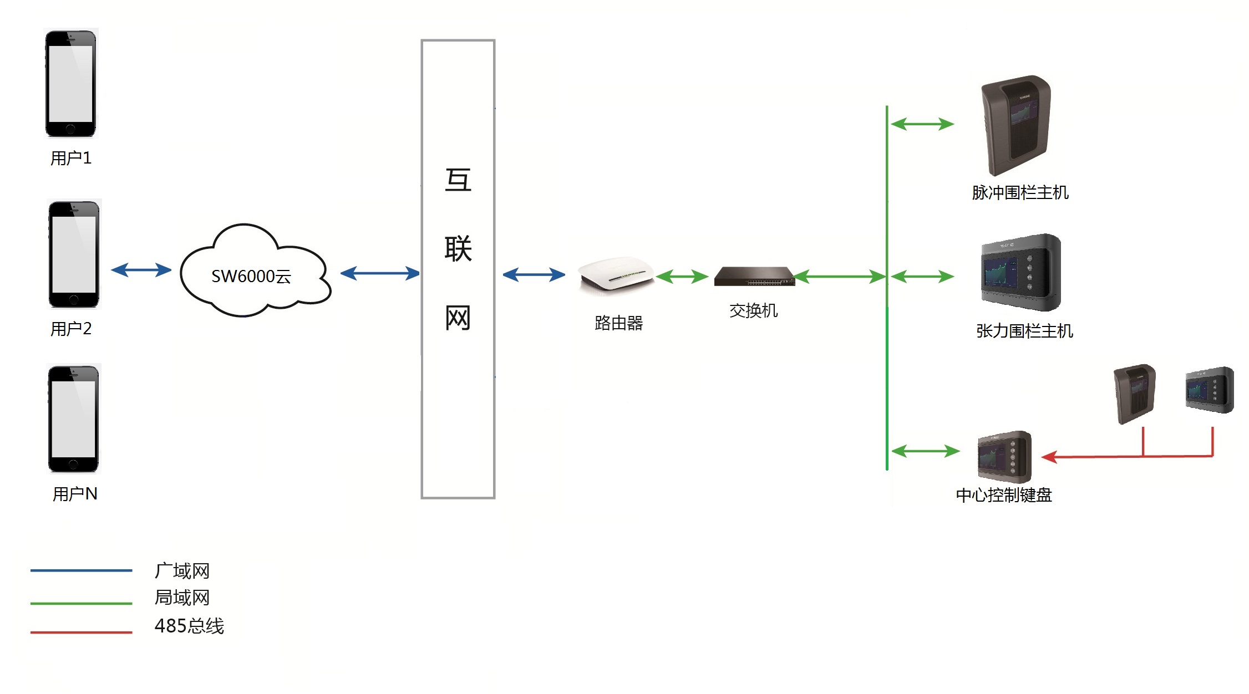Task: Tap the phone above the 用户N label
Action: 74,419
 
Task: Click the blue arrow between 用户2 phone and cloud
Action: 141,270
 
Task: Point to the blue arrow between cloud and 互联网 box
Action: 380,273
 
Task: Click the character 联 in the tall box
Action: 458,249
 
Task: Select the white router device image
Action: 616,274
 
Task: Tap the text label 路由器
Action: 618,323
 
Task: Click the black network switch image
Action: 754,276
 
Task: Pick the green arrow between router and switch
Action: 682,276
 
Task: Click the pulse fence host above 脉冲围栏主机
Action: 1016,125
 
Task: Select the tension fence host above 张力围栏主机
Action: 1020,272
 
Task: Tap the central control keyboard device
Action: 1004,457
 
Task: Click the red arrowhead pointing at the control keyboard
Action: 1050,457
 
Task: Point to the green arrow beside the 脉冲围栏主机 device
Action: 922,124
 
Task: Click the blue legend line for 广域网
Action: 81,570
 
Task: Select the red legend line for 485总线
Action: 81,631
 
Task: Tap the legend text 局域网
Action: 182,598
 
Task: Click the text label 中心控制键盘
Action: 1004,495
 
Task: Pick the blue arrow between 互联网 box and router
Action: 534,274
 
